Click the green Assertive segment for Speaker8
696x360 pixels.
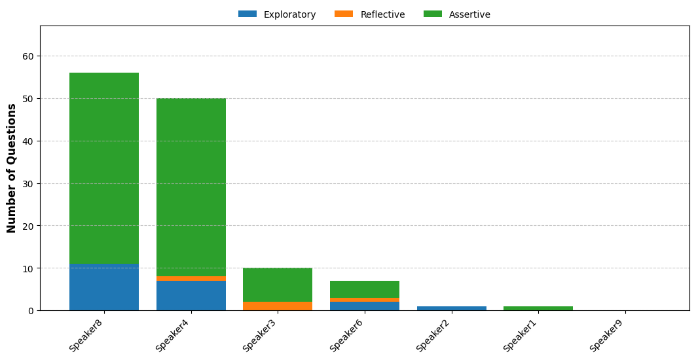tap(104, 168)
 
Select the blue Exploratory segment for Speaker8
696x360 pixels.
tap(104, 287)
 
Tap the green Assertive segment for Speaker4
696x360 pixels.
tap(191, 187)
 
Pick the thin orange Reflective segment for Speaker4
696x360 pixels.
tap(191, 279)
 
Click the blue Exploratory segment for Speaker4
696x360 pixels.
tap(191, 296)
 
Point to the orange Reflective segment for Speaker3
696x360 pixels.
tap(278, 306)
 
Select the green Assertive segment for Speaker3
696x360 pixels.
tap(278, 285)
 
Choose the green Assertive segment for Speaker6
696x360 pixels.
tap(365, 289)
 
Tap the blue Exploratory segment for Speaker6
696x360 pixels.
tap(365, 306)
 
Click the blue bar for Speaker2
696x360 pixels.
tap(451, 308)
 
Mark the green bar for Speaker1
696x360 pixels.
tap(538, 308)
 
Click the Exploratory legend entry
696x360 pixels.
tap(277, 14)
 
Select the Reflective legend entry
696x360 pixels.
tap(370, 14)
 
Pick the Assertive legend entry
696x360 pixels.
tap(457, 14)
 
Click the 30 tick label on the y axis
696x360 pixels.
tap(29, 184)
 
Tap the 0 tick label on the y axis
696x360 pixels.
tap(31, 311)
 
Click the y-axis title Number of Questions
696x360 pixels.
tap(12, 168)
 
